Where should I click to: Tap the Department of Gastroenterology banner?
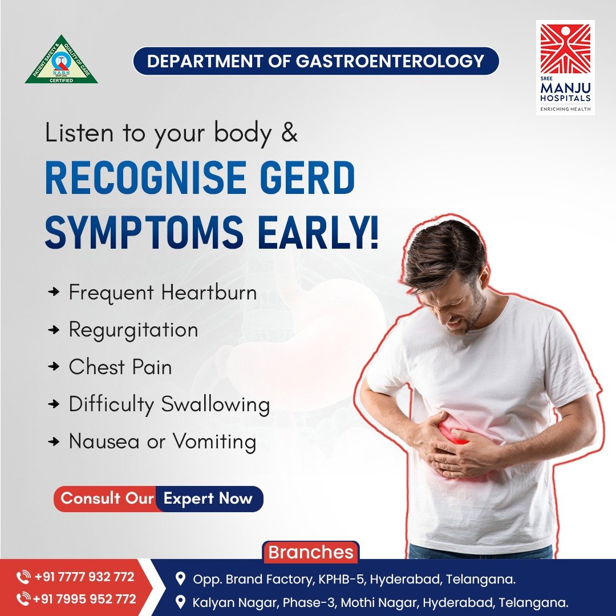tap(316, 61)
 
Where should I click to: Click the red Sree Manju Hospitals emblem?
tap(565, 48)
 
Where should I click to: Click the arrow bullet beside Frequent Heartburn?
tap(54, 292)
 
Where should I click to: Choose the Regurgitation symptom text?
tap(133, 330)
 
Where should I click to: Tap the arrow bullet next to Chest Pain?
tap(54, 367)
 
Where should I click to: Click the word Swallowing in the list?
tap(216, 404)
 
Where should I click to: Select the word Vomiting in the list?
tap(214, 441)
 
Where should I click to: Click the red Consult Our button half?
tap(106, 499)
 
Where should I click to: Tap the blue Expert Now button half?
tap(209, 499)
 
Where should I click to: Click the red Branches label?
tap(311, 552)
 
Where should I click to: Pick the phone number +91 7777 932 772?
tap(84, 577)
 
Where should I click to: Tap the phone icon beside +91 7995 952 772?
tap(23, 599)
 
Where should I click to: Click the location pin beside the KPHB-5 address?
tap(180, 579)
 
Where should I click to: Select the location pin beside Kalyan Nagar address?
tap(180, 602)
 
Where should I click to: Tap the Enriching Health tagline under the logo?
tap(565, 109)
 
